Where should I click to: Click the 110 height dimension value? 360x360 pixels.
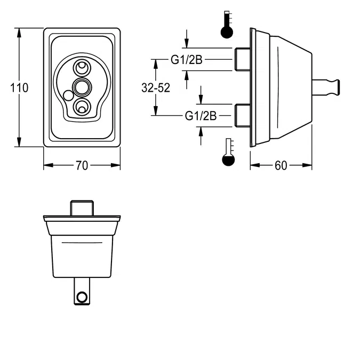(19, 87)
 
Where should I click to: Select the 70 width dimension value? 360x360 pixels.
(81, 166)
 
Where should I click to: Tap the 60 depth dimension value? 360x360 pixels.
(281, 166)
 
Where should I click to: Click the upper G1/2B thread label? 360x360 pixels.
(186, 60)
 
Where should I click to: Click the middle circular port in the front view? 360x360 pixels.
(82, 86)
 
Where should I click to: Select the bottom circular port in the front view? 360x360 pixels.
(82, 106)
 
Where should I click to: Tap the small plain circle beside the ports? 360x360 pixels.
(68, 96)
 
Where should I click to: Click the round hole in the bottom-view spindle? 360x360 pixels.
(82, 297)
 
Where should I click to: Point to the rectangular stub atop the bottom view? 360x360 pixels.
(82, 207)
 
